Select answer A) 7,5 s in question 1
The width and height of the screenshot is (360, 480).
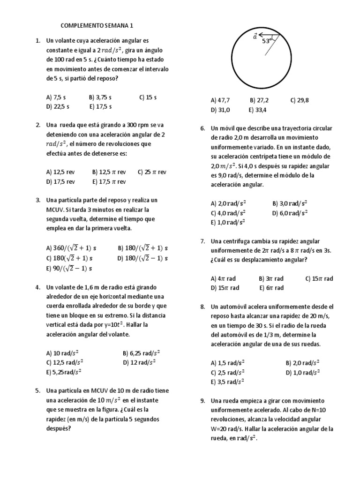[x=57, y=97]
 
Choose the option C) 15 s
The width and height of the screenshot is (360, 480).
[x=148, y=97]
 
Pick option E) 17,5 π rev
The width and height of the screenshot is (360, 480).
[x=109, y=181]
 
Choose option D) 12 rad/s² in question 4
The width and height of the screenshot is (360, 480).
[x=139, y=362]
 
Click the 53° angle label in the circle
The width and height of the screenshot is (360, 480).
[x=267, y=41]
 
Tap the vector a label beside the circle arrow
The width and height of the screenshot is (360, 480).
[x=255, y=36]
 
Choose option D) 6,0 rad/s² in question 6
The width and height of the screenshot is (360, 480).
[x=290, y=213]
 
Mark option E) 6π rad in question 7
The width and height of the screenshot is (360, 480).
[x=271, y=288]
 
